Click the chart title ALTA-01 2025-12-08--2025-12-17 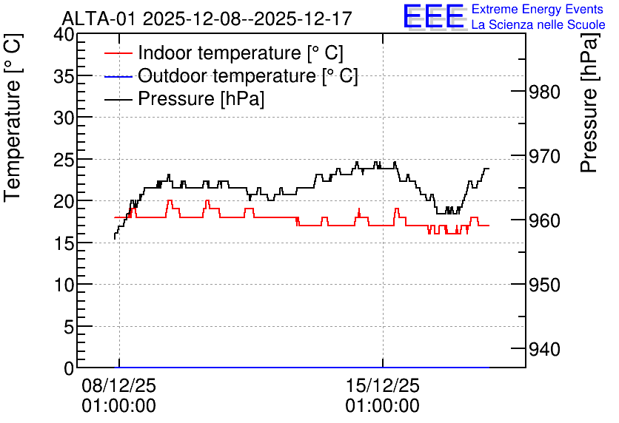(207, 18)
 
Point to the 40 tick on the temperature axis (64, 35)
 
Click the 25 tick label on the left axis (64, 160)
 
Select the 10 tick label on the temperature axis (64, 285)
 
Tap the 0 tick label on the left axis (69, 368)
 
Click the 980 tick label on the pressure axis (544, 92)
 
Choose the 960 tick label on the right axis (544, 221)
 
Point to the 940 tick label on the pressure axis (544, 349)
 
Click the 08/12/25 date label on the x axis (118, 385)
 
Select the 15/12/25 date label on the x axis (383, 385)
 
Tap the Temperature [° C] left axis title (13, 118)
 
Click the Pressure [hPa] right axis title (589, 103)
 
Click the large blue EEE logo (433, 16)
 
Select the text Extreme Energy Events (538, 9)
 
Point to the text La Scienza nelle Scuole (538, 25)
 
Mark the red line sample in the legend (118, 53)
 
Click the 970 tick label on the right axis (544, 157)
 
